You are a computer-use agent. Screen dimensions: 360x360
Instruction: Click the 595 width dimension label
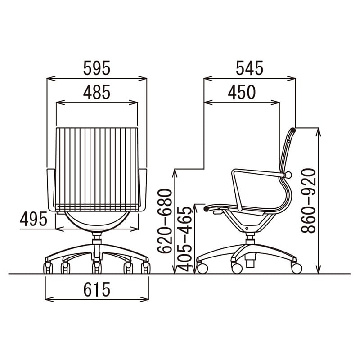(97, 68)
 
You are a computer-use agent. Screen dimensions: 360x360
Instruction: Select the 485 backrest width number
(97, 92)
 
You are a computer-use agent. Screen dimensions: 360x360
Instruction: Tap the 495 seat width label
(33, 219)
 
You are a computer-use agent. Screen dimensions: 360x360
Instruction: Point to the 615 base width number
(97, 289)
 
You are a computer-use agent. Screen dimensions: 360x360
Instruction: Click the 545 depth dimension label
(249, 68)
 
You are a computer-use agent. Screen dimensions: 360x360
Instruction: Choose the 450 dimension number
(242, 92)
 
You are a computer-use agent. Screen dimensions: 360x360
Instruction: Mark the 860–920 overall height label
(308, 201)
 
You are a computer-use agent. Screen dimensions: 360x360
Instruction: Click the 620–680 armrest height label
(165, 221)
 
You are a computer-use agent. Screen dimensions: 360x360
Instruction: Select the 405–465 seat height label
(184, 239)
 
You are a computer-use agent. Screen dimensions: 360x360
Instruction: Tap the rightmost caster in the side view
(297, 268)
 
